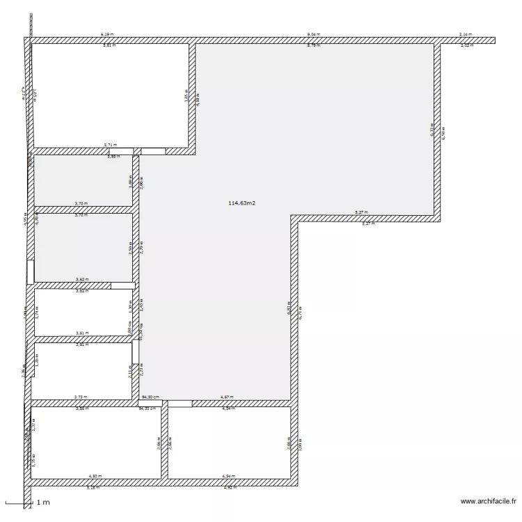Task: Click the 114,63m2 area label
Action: [242, 203]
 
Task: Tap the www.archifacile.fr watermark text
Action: [489, 500]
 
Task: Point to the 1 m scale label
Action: [43, 502]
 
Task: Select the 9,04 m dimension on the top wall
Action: [314, 34]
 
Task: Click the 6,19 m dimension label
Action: [107, 34]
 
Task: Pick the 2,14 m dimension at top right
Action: [466, 34]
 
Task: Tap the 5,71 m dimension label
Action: [111, 145]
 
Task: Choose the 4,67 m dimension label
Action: [227, 397]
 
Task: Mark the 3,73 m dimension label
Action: [80, 397]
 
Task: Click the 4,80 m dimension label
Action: [95, 476]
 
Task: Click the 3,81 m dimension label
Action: [110, 45]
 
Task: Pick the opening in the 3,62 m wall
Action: [122, 285]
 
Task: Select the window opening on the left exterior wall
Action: [30, 271]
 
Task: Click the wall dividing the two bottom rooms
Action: [164, 443]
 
